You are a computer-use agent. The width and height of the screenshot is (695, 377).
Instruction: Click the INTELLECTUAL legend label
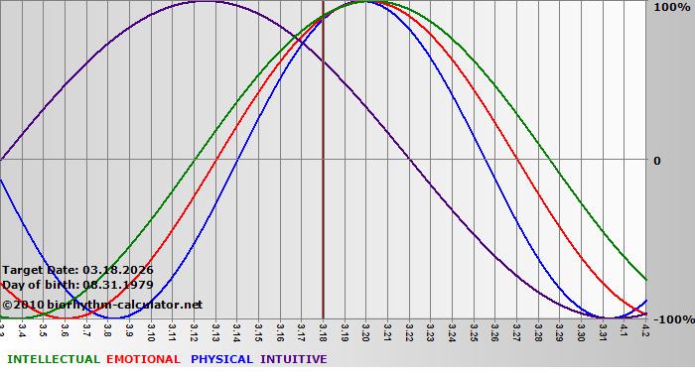coord(53,359)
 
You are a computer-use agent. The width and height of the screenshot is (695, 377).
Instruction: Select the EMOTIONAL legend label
coord(143,359)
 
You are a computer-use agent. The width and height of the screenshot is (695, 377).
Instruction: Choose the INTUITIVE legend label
coord(293,359)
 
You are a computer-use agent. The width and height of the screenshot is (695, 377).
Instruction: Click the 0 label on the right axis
coord(656,160)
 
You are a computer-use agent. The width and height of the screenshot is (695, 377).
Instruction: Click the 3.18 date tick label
coord(323,329)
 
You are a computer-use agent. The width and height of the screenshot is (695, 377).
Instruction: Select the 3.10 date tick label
coord(151,329)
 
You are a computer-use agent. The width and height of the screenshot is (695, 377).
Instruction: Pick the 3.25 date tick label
coord(473,329)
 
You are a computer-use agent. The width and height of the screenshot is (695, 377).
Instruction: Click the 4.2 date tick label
coord(644,329)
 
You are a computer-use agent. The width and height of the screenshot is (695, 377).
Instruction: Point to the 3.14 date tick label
coord(236,329)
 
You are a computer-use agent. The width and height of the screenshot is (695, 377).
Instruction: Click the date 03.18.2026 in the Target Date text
coord(118,270)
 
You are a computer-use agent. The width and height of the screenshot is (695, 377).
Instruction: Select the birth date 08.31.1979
coord(118,285)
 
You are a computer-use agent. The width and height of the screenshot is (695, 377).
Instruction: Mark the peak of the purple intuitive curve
coord(204,2)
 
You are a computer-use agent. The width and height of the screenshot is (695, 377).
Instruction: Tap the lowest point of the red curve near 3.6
coord(68,317)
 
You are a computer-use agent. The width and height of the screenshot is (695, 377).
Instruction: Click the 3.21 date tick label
coord(387,329)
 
